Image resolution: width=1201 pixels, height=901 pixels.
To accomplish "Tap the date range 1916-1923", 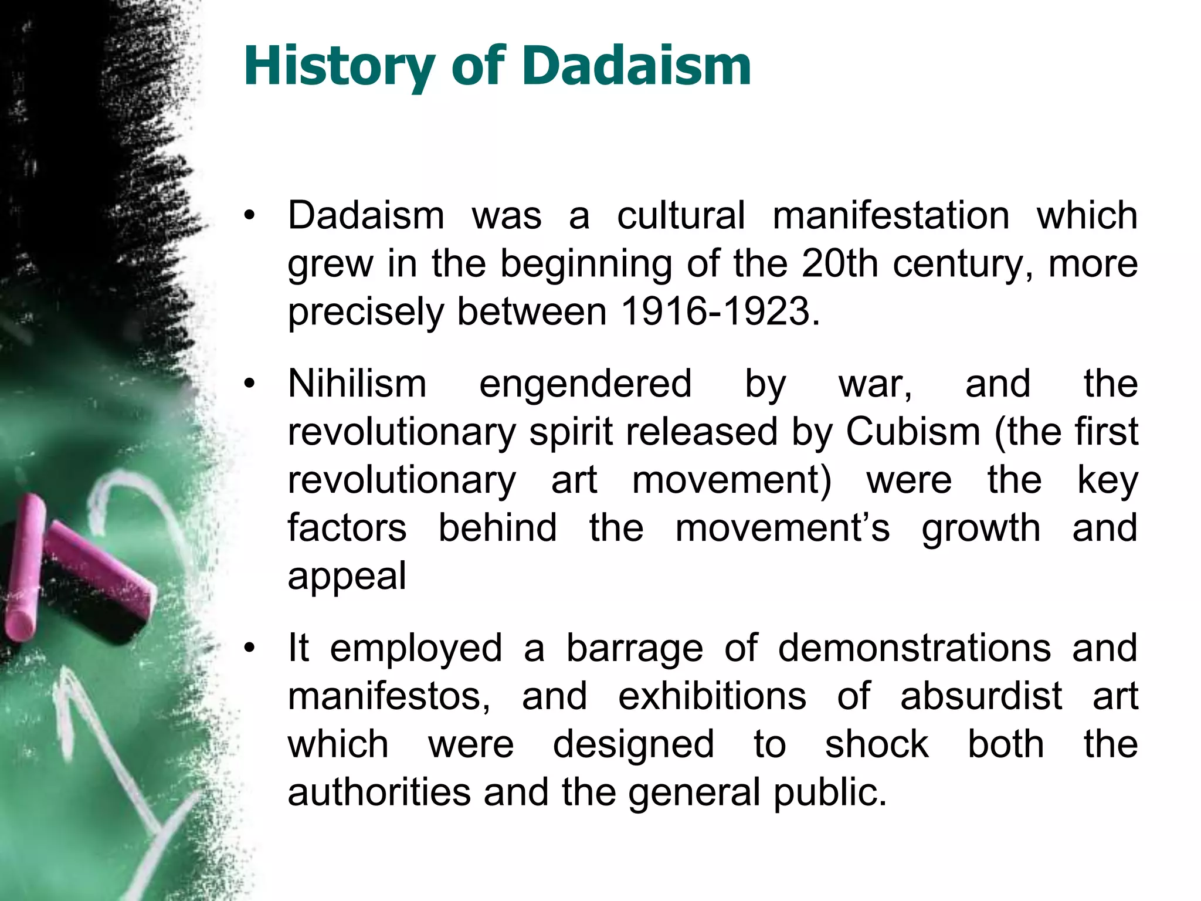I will tap(720, 311).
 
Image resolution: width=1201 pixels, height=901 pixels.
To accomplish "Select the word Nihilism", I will tap(357, 384).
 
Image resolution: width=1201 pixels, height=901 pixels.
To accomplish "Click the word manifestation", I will tap(891, 215).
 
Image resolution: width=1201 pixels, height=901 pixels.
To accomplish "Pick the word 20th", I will tap(840, 263).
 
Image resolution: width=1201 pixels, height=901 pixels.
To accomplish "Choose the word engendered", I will tap(585, 384).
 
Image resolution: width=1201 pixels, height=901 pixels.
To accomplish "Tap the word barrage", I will tap(635, 649).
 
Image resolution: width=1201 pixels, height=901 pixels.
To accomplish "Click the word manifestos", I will tap(388, 697).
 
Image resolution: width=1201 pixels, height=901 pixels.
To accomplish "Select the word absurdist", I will tap(981, 697).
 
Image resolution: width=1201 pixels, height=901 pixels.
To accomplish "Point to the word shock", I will tap(877, 745).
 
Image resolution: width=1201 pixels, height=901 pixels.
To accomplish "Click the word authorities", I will tap(379, 792).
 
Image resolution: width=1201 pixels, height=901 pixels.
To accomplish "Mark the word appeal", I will tap(347, 577).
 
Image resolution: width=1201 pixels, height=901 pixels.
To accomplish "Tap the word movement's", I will tap(782, 529).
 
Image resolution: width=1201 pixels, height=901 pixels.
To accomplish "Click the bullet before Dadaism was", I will tap(250, 216).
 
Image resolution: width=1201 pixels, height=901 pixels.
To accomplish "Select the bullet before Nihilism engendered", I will tap(250, 384).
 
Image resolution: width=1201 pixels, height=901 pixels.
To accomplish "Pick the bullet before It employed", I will tap(250, 649).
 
